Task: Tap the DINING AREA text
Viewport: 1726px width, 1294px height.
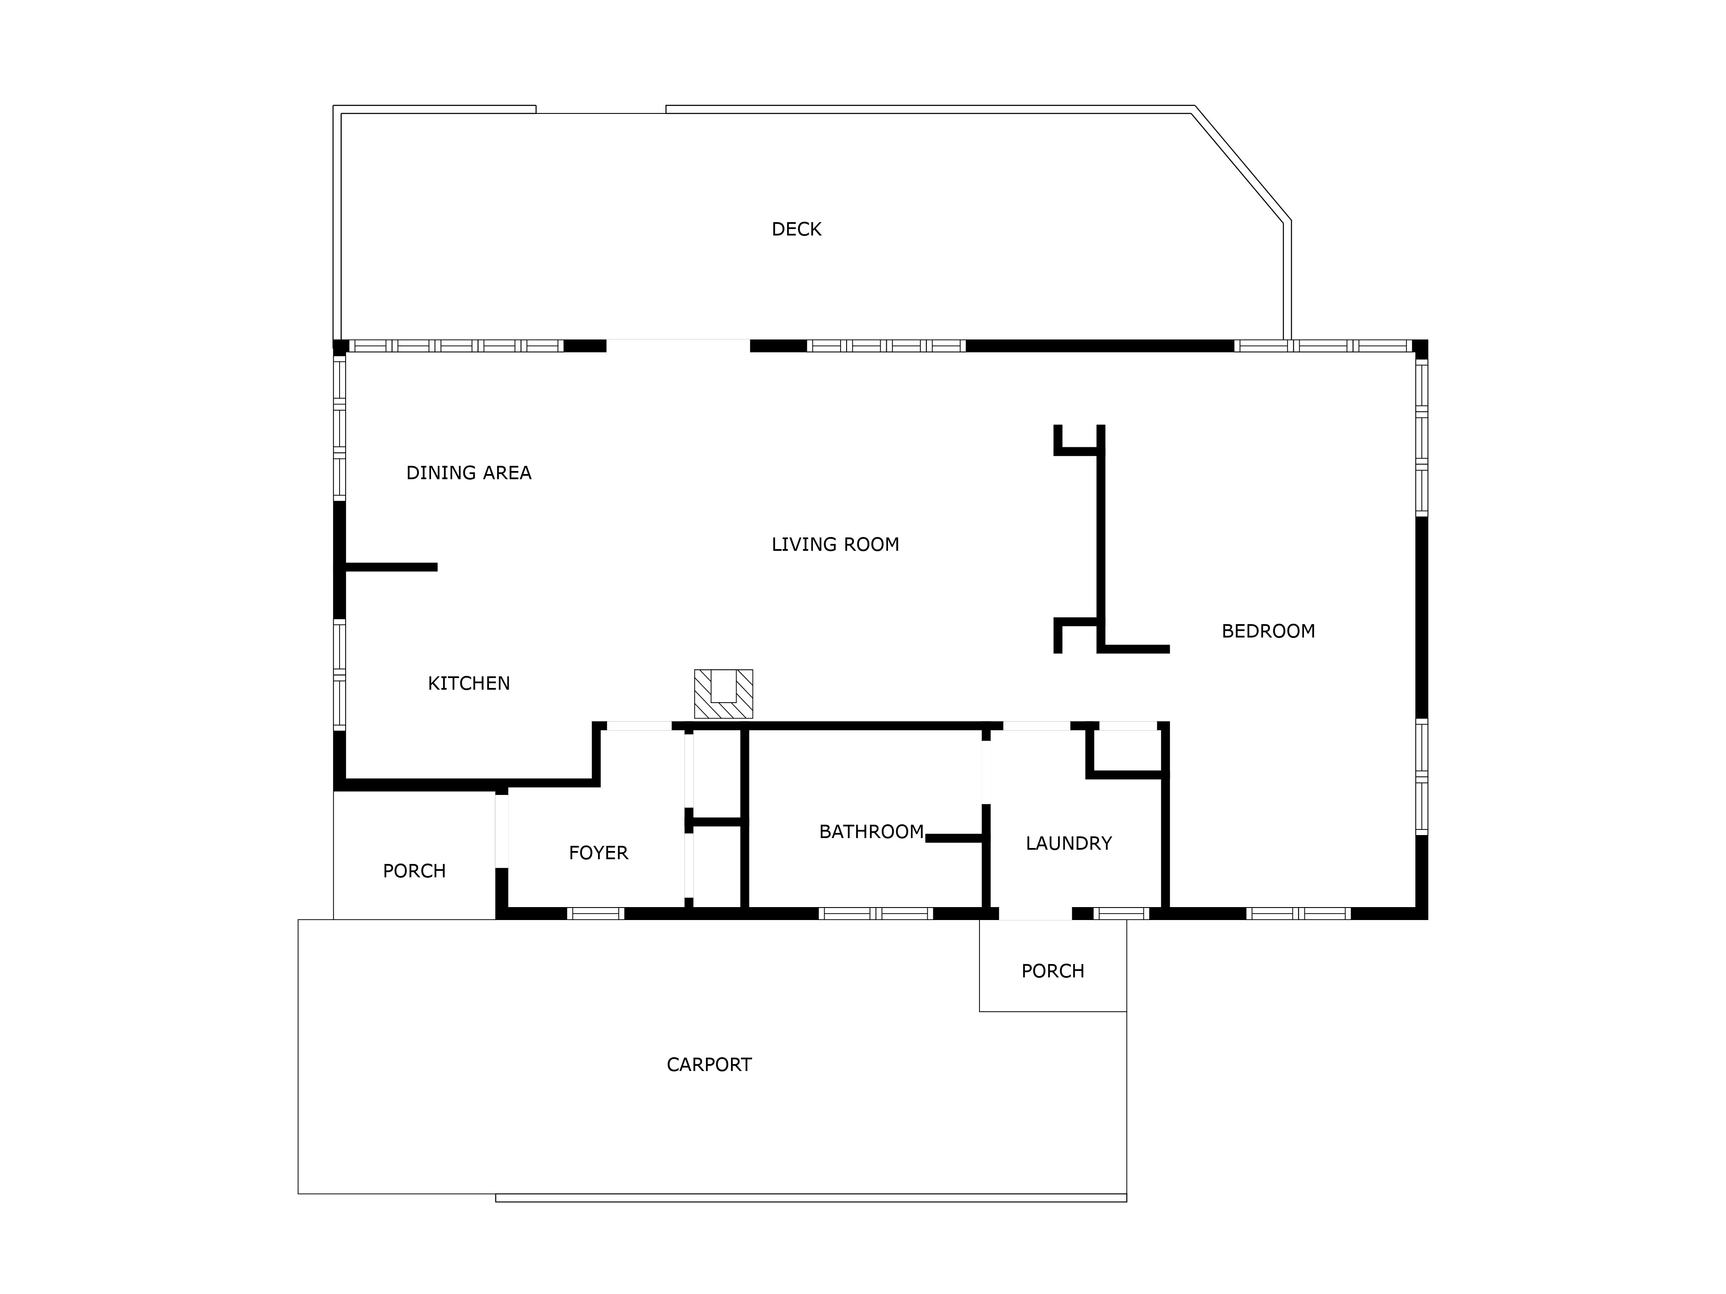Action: [469, 473]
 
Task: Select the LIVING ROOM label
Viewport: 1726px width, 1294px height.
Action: [835, 544]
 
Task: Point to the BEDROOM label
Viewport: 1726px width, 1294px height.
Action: [1268, 631]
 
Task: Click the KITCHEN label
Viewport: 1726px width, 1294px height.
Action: [469, 683]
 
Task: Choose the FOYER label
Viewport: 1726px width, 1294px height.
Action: [598, 852]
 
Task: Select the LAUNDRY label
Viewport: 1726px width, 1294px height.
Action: [1068, 843]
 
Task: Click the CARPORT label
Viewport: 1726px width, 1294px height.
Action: [709, 1065]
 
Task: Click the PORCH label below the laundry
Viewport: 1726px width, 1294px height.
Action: [1052, 971]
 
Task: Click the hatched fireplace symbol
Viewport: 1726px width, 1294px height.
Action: [723, 694]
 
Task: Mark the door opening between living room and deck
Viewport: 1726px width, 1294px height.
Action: [678, 345]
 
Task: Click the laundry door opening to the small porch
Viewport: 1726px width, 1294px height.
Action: [1036, 914]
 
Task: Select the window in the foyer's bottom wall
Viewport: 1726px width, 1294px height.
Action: [595, 914]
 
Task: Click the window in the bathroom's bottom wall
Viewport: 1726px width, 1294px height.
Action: [876, 914]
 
